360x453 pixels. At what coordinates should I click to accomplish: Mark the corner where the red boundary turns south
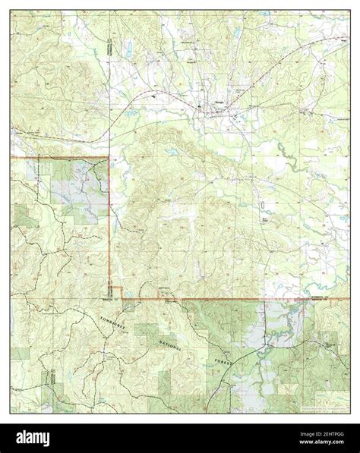[x=109, y=158]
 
